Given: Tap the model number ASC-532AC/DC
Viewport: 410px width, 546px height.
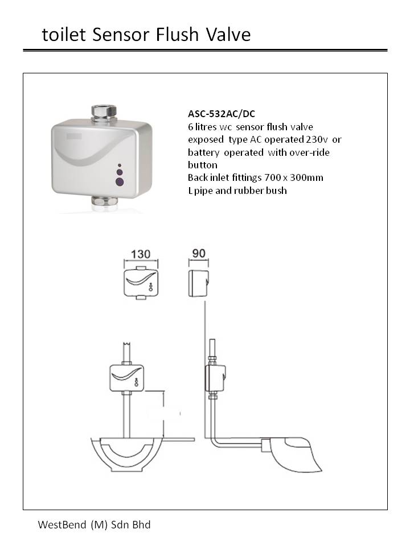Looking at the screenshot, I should [222, 114].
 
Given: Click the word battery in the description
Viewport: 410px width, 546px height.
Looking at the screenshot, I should [204, 152].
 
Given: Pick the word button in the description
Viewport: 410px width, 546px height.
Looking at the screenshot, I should [203, 165].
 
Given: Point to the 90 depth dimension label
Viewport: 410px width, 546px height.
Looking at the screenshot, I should [199, 254].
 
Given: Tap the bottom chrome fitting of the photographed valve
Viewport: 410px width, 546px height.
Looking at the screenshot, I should [103, 201].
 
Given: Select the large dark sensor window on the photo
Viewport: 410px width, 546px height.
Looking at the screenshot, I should [120, 182].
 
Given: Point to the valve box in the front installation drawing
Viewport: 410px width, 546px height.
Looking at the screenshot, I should [126, 378].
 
